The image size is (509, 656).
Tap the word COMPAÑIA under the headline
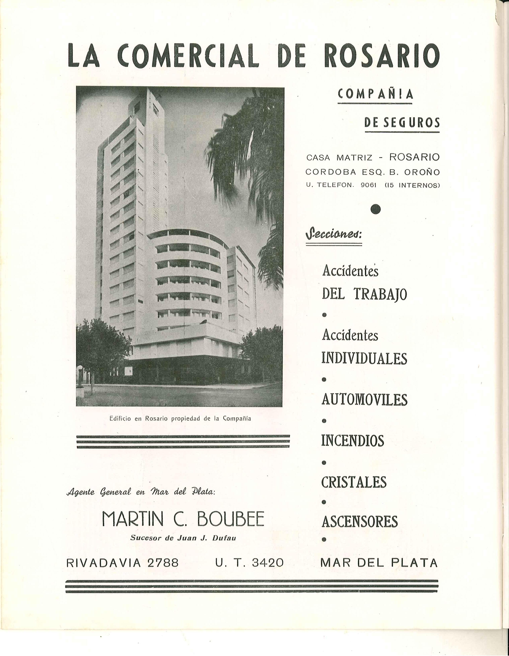(x=375, y=94)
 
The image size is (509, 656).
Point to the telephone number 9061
(x=368, y=185)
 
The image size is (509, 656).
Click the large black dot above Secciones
(x=375, y=209)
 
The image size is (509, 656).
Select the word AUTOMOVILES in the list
(x=364, y=400)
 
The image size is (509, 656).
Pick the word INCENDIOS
(x=353, y=441)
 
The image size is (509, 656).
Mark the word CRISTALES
(x=354, y=482)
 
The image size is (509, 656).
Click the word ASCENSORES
(x=359, y=521)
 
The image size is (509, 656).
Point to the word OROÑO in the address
(x=422, y=172)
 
